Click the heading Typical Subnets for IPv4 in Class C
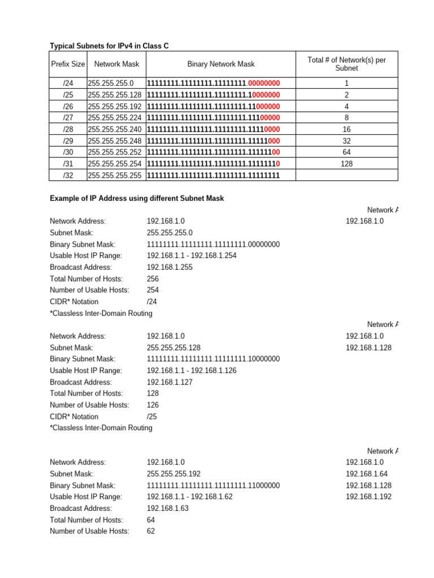tap(109, 46)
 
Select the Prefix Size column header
tap(68, 64)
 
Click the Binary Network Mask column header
tap(221, 64)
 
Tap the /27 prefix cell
tap(68, 117)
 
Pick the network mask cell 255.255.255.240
tap(115, 129)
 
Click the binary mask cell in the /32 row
tap(213, 176)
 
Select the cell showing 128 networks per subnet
tap(346, 164)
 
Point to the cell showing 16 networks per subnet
tap(346, 129)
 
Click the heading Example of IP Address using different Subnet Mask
tap(137, 198)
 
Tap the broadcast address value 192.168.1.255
tap(170, 267)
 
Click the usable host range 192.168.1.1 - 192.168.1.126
tap(192, 370)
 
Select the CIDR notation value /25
tap(152, 417)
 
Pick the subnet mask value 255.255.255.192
tap(173, 474)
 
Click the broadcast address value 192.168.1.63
tap(167, 508)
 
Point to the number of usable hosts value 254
tap(153, 290)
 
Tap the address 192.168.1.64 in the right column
tap(366, 474)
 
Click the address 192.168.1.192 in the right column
tap(368, 497)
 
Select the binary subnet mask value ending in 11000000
tap(213, 485)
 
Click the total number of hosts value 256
tap(153, 279)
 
